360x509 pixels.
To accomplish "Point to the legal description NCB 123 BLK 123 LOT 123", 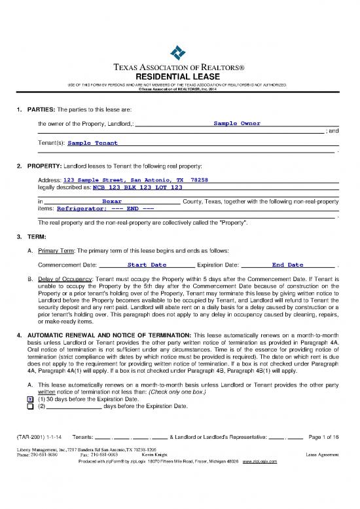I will click(133, 187).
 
